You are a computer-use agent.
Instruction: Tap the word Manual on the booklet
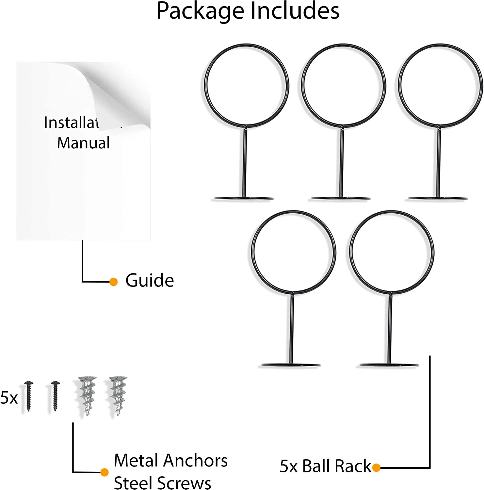[x=83, y=143]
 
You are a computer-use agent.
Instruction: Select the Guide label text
[x=150, y=280]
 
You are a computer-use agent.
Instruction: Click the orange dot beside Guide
[x=113, y=282]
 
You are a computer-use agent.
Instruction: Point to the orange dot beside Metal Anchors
[x=105, y=472]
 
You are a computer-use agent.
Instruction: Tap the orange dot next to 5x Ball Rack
[x=376, y=467]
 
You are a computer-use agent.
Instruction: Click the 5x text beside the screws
[x=9, y=398]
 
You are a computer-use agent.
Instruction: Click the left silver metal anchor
[x=87, y=395]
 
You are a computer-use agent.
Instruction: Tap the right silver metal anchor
[x=118, y=395]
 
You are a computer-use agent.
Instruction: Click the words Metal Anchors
[x=170, y=461]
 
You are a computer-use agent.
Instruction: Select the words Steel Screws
[x=162, y=483]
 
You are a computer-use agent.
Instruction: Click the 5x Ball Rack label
[x=325, y=466]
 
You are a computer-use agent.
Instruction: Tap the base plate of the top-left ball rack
[x=244, y=198]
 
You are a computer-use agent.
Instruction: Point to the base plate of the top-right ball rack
[x=438, y=198]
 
